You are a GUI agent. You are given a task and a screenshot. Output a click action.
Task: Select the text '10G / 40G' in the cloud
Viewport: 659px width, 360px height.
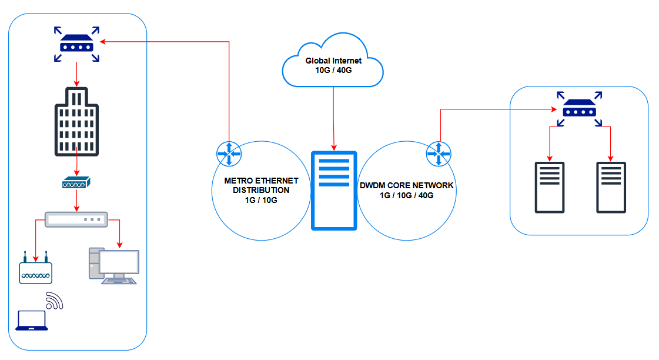(333, 71)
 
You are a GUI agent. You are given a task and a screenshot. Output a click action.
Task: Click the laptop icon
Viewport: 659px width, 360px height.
(31, 320)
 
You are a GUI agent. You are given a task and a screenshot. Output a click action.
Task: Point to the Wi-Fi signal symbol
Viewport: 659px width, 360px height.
(54, 301)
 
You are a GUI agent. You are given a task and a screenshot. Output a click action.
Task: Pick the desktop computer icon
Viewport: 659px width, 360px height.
(113, 266)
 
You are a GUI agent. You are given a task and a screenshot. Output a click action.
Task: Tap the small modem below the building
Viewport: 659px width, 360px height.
(76, 184)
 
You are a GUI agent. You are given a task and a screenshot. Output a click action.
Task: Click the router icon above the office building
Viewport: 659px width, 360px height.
(76, 44)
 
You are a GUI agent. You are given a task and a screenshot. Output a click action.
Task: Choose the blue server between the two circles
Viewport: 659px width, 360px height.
(334, 190)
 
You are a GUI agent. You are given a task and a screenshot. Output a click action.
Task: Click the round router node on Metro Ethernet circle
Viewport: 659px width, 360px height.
(229, 154)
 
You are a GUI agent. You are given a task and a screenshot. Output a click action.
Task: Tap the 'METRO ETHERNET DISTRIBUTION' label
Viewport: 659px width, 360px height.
(261, 185)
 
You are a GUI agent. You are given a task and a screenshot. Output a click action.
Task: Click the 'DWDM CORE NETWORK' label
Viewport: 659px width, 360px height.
(406, 185)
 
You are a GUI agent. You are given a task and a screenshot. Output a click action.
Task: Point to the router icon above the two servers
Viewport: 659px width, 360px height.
(580, 109)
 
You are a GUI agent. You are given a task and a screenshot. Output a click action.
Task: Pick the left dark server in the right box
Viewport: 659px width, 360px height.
(550, 187)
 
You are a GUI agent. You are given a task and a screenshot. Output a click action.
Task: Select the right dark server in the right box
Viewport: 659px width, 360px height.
(611, 187)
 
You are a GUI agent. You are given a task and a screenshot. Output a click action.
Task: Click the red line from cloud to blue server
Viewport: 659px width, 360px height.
(334, 118)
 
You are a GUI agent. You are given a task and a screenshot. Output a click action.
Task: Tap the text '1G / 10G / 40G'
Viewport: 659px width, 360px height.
(406, 195)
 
